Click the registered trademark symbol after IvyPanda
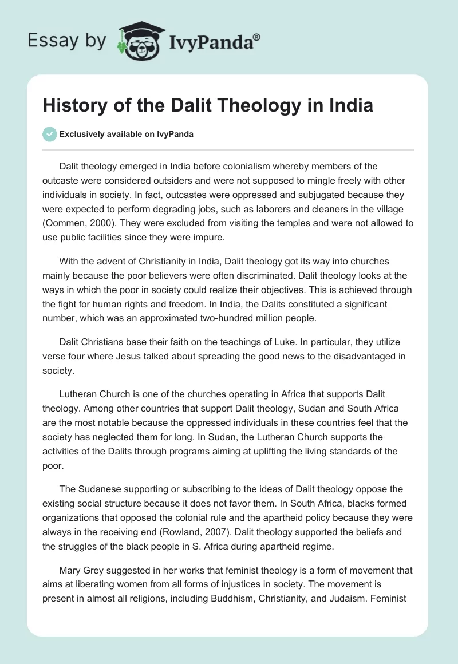point(257,37)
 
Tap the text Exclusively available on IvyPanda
point(126,134)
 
